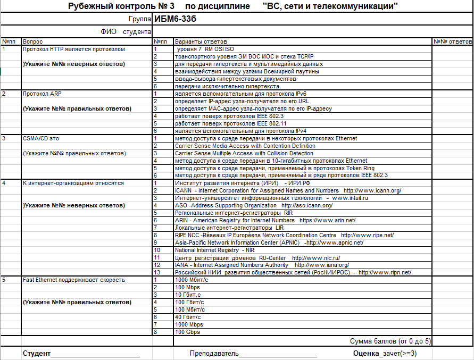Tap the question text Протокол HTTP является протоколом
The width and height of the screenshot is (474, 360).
tap(73, 49)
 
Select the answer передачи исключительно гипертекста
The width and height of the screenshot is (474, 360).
tap(227, 86)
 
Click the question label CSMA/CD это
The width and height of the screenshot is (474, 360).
tap(40, 138)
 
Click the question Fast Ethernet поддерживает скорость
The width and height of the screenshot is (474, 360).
tap(73, 280)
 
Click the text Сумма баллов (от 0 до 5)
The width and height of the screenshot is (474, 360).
tap(390, 341)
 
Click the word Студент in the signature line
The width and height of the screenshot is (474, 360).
tap(37, 353)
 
